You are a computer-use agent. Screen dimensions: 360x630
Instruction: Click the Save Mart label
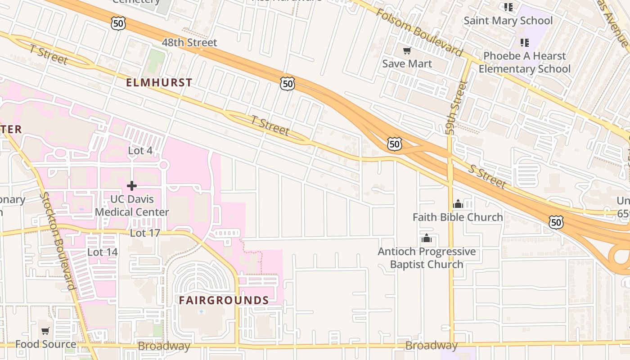point(407,64)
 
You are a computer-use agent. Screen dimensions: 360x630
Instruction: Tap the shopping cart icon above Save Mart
point(407,51)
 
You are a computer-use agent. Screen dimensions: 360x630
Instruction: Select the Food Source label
point(45,344)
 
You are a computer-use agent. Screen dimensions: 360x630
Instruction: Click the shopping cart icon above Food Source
point(45,331)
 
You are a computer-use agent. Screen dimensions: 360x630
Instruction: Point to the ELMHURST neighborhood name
point(159,83)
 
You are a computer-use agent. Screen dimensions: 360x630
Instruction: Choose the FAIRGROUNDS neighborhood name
point(224,300)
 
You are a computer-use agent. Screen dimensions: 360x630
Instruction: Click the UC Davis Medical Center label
point(132,206)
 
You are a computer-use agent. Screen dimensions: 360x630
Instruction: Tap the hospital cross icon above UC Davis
point(132,185)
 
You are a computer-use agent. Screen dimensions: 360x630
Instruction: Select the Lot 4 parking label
point(140,151)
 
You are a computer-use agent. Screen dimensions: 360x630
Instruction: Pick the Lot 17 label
point(145,233)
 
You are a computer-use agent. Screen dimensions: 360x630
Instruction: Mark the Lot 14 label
point(103,252)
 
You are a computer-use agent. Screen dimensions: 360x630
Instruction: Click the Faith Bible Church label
point(458,217)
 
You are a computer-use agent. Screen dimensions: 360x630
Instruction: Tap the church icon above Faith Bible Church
point(458,204)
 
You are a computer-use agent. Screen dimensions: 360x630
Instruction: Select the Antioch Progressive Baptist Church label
point(427,258)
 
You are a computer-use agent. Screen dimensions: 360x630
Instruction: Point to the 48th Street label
point(189,43)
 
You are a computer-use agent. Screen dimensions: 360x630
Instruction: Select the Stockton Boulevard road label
point(57,241)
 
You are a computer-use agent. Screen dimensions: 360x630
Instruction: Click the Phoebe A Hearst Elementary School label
point(524,63)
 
